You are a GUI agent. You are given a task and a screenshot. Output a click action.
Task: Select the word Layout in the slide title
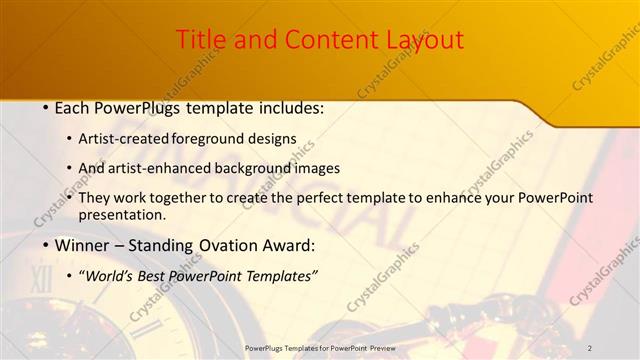423,40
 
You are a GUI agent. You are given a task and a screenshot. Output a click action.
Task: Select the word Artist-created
124,139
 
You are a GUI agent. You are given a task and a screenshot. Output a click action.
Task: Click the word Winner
84,245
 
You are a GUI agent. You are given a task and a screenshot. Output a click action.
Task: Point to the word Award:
290,245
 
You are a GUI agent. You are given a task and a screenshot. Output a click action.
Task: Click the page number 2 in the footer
590,347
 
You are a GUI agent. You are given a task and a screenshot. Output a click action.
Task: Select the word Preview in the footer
377,347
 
